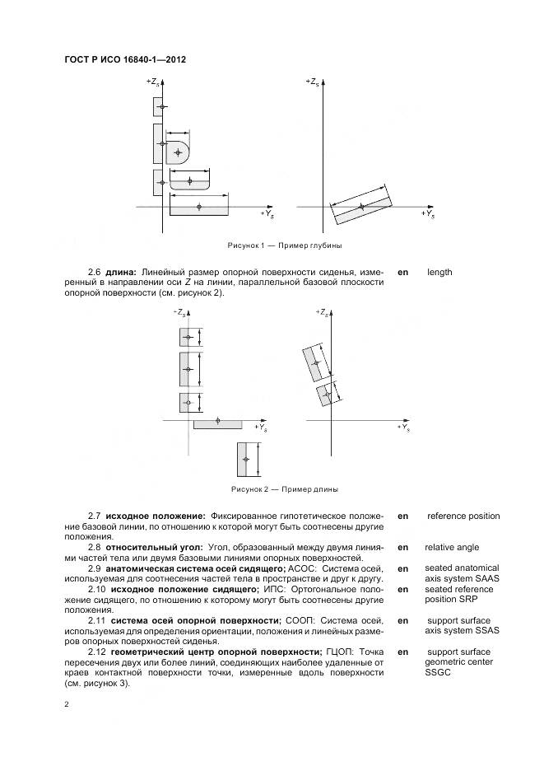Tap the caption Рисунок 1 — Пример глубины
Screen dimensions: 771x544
tap(284, 245)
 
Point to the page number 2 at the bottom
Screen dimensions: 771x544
tap(66, 704)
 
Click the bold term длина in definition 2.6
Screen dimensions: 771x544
tap(122, 272)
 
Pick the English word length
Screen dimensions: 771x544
tap(439, 272)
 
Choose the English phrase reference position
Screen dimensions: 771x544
tap(463, 516)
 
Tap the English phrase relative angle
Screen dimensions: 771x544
tap(451, 547)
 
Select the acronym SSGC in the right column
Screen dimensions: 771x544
tap(439, 672)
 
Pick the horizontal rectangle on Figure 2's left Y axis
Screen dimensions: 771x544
tap(217, 423)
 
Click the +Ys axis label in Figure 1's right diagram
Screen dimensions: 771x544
tap(428, 213)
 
